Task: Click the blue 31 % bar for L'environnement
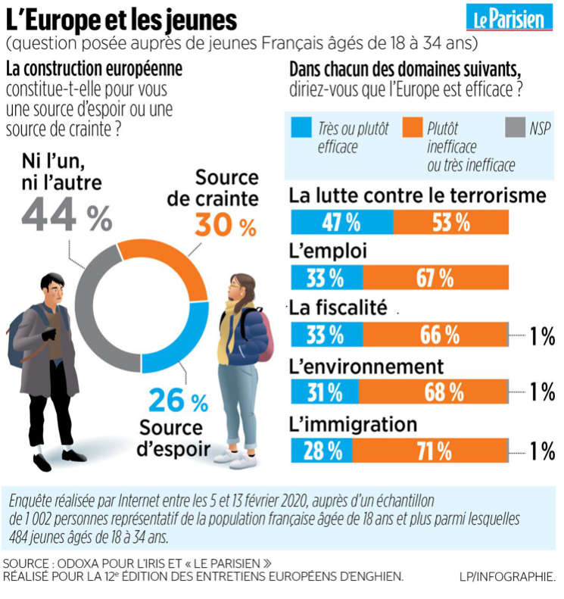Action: coord(324,392)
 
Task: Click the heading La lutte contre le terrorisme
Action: coord(417,196)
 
